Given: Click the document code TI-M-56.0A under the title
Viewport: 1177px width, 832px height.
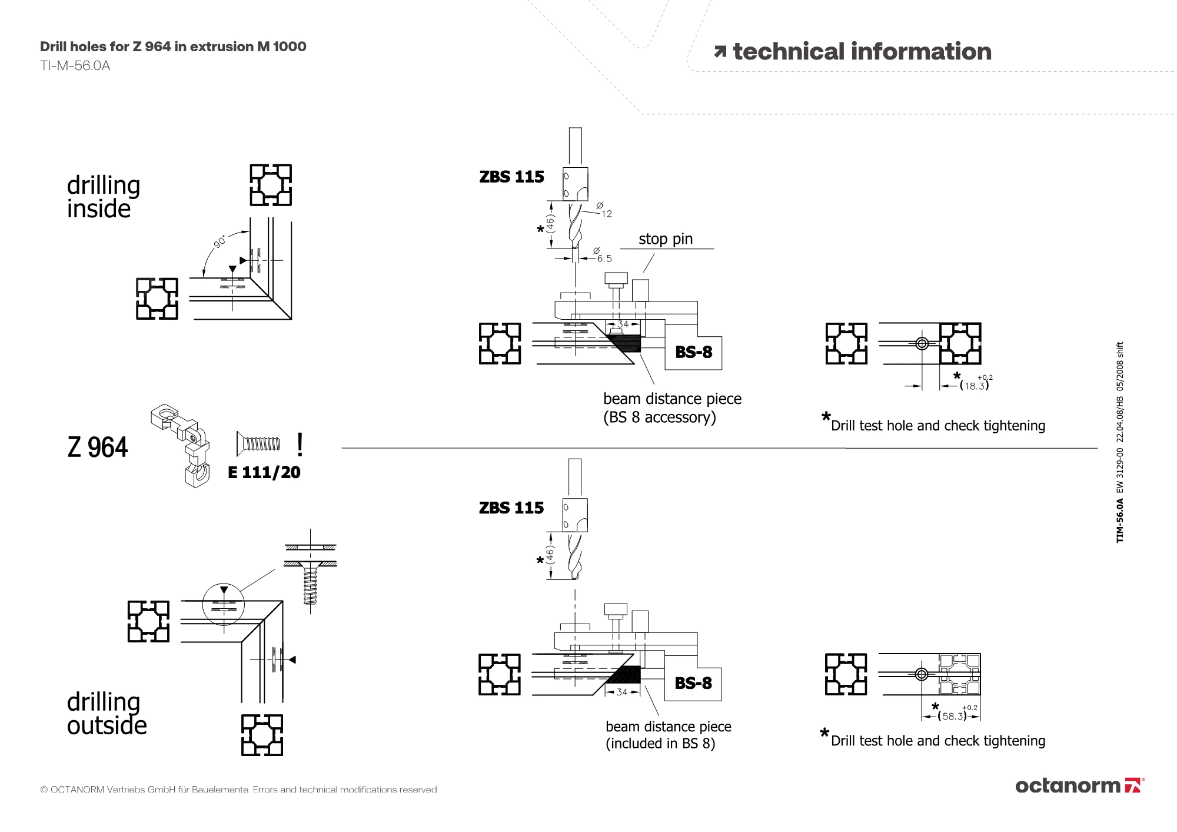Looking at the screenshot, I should point(75,65).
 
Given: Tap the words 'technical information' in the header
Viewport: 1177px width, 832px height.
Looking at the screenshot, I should point(862,52).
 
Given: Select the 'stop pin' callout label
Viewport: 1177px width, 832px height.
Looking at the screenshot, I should point(666,239).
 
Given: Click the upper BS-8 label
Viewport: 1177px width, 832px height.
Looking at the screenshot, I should point(693,352).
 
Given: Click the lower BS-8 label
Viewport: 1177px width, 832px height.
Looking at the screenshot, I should point(693,683).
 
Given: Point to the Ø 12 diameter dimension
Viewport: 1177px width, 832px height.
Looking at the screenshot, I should point(603,210).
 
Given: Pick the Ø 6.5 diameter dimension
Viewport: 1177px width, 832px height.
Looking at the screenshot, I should point(603,256).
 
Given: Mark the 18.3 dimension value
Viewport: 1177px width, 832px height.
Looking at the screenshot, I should point(974,386).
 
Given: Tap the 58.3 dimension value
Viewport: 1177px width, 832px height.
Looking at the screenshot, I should point(953,716).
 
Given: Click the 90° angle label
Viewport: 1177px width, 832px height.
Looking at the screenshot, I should point(220,242).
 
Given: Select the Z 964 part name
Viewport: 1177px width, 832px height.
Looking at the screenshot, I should point(98,448).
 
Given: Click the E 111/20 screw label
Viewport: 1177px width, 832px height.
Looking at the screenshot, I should point(264,472).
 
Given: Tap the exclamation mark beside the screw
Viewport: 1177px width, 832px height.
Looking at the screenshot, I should point(300,445).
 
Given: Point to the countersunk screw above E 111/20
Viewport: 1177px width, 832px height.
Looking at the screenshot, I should point(258,443).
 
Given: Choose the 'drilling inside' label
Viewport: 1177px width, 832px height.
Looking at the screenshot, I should point(103,197).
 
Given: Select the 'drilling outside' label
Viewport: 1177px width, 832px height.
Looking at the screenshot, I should point(107,714).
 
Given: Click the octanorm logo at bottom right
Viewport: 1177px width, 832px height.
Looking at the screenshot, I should point(1079,785).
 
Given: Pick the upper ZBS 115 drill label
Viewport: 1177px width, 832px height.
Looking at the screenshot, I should point(511,177).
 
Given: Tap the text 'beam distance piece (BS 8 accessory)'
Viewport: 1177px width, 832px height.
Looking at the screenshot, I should point(671,407).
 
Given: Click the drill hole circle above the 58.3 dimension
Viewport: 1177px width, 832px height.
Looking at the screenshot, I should point(922,674).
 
